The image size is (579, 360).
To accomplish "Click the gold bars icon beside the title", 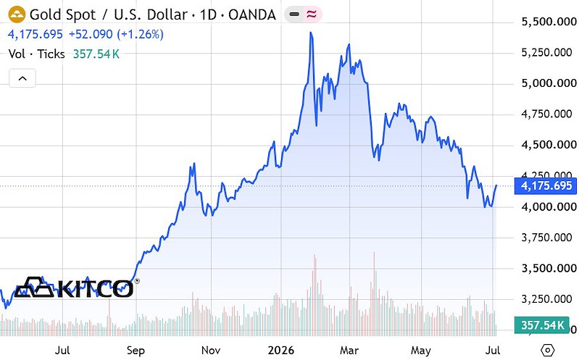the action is (17, 14).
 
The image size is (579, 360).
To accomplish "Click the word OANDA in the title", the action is (252, 14).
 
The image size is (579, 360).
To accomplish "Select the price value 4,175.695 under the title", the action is (36, 34).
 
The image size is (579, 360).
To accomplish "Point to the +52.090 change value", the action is (91, 34).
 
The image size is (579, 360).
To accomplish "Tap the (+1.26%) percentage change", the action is (141, 34).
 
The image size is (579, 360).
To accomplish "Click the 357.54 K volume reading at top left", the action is (96, 54).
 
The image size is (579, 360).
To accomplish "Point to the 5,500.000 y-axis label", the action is (549, 22).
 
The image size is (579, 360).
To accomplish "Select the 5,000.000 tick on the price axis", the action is (549, 83).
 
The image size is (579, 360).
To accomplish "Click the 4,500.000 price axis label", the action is (549, 145).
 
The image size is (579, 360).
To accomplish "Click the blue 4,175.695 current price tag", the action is (546, 185).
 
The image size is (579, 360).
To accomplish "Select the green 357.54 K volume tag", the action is (542, 325).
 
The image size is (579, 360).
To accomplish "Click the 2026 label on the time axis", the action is (281, 350).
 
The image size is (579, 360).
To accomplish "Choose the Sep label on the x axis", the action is (136, 351).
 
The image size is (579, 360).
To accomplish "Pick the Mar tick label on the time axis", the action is (349, 350).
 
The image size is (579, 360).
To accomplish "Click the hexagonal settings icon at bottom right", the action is (548, 350).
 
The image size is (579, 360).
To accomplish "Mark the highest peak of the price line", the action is (311, 33).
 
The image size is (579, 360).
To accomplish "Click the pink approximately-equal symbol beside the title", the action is (312, 14).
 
